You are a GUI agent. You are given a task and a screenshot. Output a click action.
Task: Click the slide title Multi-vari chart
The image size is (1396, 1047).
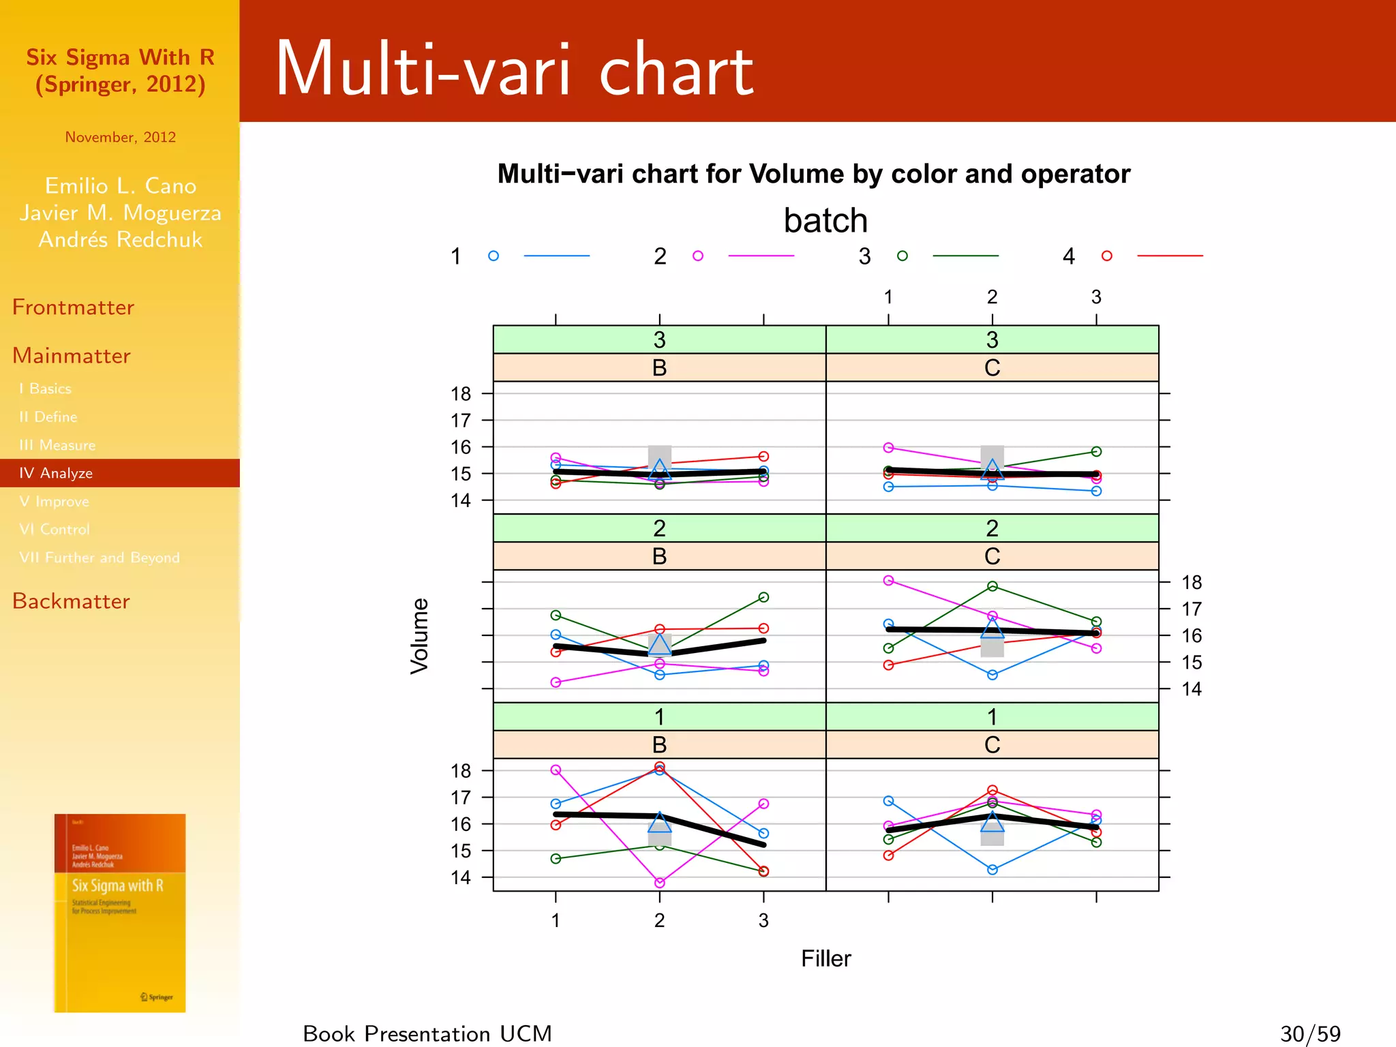(x=515, y=70)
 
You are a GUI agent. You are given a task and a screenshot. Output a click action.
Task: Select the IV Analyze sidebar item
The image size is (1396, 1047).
(x=56, y=473)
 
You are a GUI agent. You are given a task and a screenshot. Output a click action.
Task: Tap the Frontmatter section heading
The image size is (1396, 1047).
(x=73, y=307)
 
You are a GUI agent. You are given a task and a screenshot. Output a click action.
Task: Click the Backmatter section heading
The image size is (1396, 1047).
(x=71, y=601)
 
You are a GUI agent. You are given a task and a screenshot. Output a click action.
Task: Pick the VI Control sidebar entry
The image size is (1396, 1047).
(x=55, y=530)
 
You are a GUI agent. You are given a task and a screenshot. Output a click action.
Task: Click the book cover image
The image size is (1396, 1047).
(x=120, y=913)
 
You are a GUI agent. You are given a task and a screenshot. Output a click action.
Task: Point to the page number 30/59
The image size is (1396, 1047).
(x=1310, y=1033)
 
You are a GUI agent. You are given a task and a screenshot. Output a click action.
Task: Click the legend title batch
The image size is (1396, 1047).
(x=825, y=221)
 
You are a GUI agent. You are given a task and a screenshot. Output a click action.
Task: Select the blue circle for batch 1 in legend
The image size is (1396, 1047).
(x=494, y=256)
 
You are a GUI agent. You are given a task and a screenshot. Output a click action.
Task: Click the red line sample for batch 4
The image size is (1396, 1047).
(x=1170, y=256)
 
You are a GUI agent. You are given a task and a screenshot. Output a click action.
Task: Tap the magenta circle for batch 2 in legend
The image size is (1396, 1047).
(x=698, y=256)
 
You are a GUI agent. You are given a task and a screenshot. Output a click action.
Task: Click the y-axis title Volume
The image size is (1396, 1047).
(x=420, y=636)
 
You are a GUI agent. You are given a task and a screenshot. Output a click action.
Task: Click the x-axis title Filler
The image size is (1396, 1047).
(x=825, y=958)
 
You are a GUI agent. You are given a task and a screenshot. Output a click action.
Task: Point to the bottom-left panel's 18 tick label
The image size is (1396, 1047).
(x=461, y=771)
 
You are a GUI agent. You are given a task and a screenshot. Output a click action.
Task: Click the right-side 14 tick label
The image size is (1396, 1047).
(x=1192, y=689)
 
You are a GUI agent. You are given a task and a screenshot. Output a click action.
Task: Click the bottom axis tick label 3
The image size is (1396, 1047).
(x=763, y=921)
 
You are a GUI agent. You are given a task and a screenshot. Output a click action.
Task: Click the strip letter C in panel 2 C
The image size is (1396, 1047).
(x=992, y=556)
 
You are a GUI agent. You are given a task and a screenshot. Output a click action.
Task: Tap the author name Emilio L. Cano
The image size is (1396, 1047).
(x=121, y=185)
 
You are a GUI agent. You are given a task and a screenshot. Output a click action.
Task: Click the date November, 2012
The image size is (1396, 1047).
(x=121, y=137)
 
